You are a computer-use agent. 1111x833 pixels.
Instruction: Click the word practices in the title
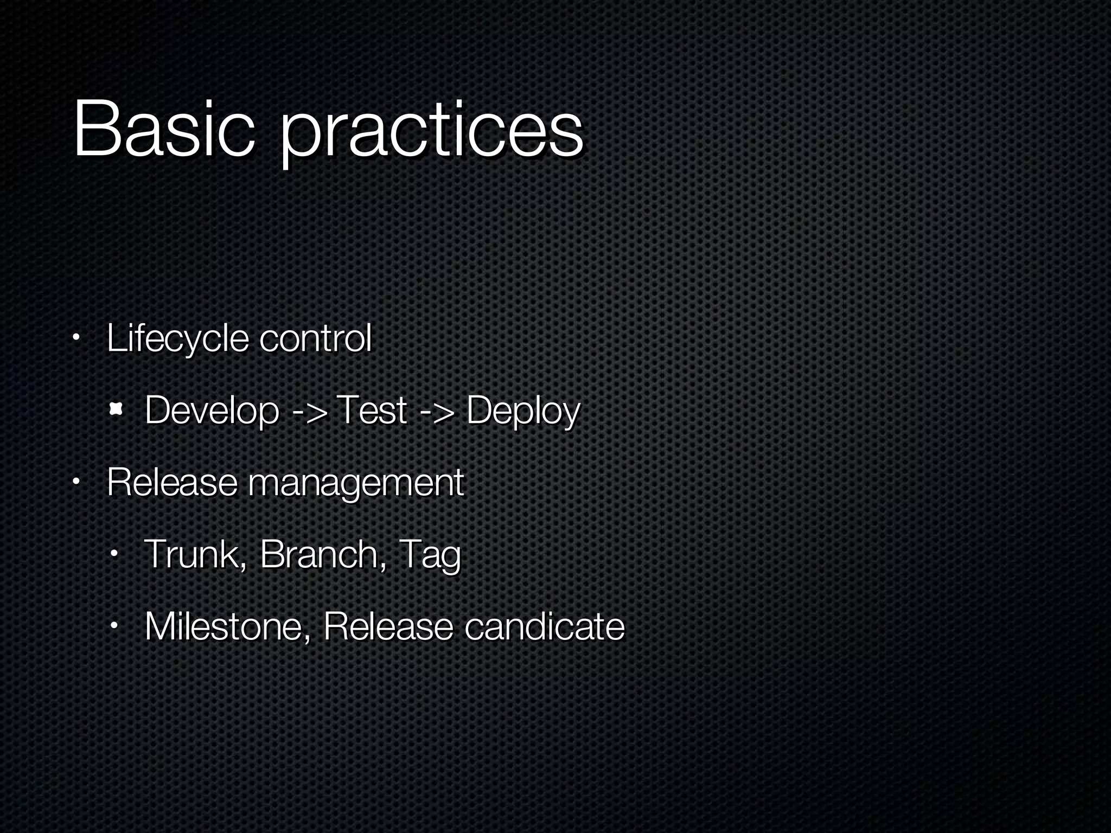click(x=431, y=133)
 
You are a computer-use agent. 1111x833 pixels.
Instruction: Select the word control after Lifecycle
click(x=315, y=338)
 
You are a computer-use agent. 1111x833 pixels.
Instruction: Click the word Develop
click(x=212, y=411)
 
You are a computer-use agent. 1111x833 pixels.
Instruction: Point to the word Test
click(x=371, y=410)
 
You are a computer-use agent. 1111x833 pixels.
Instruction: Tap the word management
click(x=355, y=483)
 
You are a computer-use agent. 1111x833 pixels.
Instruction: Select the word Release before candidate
click(x=387, y=626)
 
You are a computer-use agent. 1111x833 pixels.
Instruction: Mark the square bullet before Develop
click(x=114, y=410)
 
